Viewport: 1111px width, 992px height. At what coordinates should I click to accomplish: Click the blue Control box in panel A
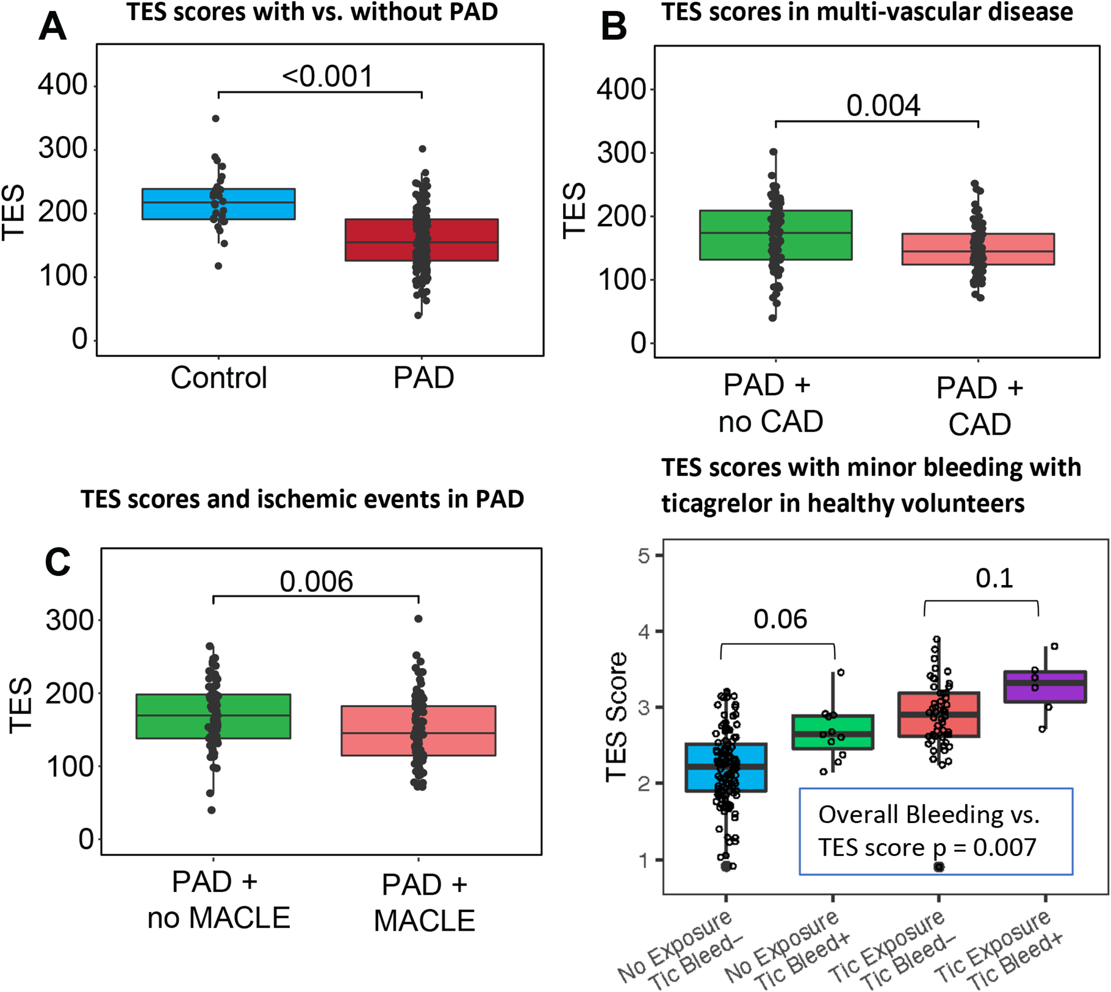coord(174,204)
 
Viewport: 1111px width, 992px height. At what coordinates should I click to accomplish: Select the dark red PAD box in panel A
coord(463,240)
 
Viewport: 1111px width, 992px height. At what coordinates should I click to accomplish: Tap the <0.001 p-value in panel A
coord(328,76)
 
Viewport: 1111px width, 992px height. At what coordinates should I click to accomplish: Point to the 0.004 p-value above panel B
coord(883,106)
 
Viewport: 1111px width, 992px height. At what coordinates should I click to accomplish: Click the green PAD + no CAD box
coord(729,235)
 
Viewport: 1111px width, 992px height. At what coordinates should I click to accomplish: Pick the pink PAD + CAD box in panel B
coord(1018,249)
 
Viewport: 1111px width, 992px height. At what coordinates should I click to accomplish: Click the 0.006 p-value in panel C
coord(316,582)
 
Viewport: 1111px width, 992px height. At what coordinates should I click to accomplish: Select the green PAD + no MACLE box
coord(168,716)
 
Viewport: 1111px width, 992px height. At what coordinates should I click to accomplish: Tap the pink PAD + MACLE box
coord(463,730)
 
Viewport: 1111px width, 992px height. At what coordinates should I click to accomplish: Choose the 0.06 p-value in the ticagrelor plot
coord(779,619)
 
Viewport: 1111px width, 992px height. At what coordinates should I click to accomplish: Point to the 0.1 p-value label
coord(994,578)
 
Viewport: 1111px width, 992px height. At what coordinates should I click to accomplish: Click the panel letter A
coord(52,27)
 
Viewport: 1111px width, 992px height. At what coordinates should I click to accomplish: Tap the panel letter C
coord(57,562)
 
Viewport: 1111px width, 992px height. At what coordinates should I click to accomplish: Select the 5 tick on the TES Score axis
coord(644,556)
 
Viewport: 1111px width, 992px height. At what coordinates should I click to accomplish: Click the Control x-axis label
coord(219,378)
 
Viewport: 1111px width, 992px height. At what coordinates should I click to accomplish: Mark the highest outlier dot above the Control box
coord(215,118)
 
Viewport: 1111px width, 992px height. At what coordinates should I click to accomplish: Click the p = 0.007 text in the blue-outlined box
coord(984,847)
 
